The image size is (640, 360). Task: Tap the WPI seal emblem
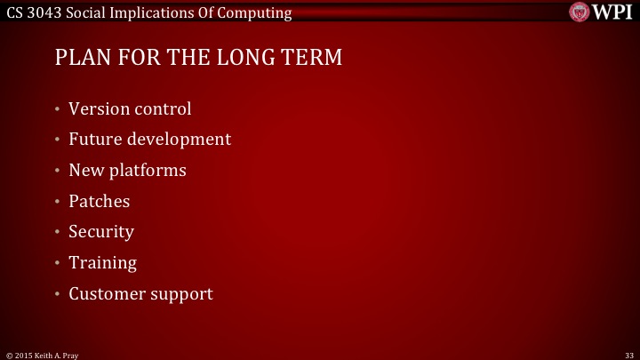coord(579,12)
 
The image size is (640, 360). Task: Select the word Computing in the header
coord(252,12)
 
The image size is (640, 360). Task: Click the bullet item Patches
coord(100,201)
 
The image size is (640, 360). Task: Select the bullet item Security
coord(101,232)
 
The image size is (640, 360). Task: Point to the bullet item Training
coord(103,263)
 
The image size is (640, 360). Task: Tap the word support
coord(182,294)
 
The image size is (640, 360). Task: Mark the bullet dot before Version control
coord(56,110)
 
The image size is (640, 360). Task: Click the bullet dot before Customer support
coord(56,294)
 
